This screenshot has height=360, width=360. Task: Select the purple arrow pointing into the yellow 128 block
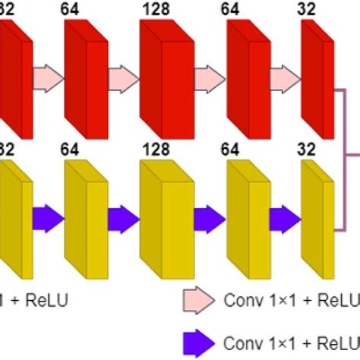click(x=122, y=218)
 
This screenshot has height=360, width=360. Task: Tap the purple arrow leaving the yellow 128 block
click(x=205, y=218)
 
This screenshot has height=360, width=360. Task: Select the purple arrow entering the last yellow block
click(x=284, y=218)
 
